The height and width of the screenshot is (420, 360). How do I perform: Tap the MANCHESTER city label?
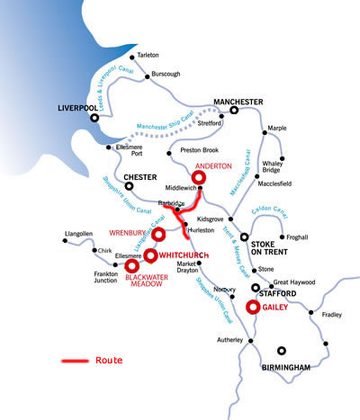(238, 102)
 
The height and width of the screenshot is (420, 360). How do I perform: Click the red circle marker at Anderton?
(199, 178)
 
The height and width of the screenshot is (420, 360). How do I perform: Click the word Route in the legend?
(109, 360)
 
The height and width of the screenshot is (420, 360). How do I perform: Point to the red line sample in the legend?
(74, 361)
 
